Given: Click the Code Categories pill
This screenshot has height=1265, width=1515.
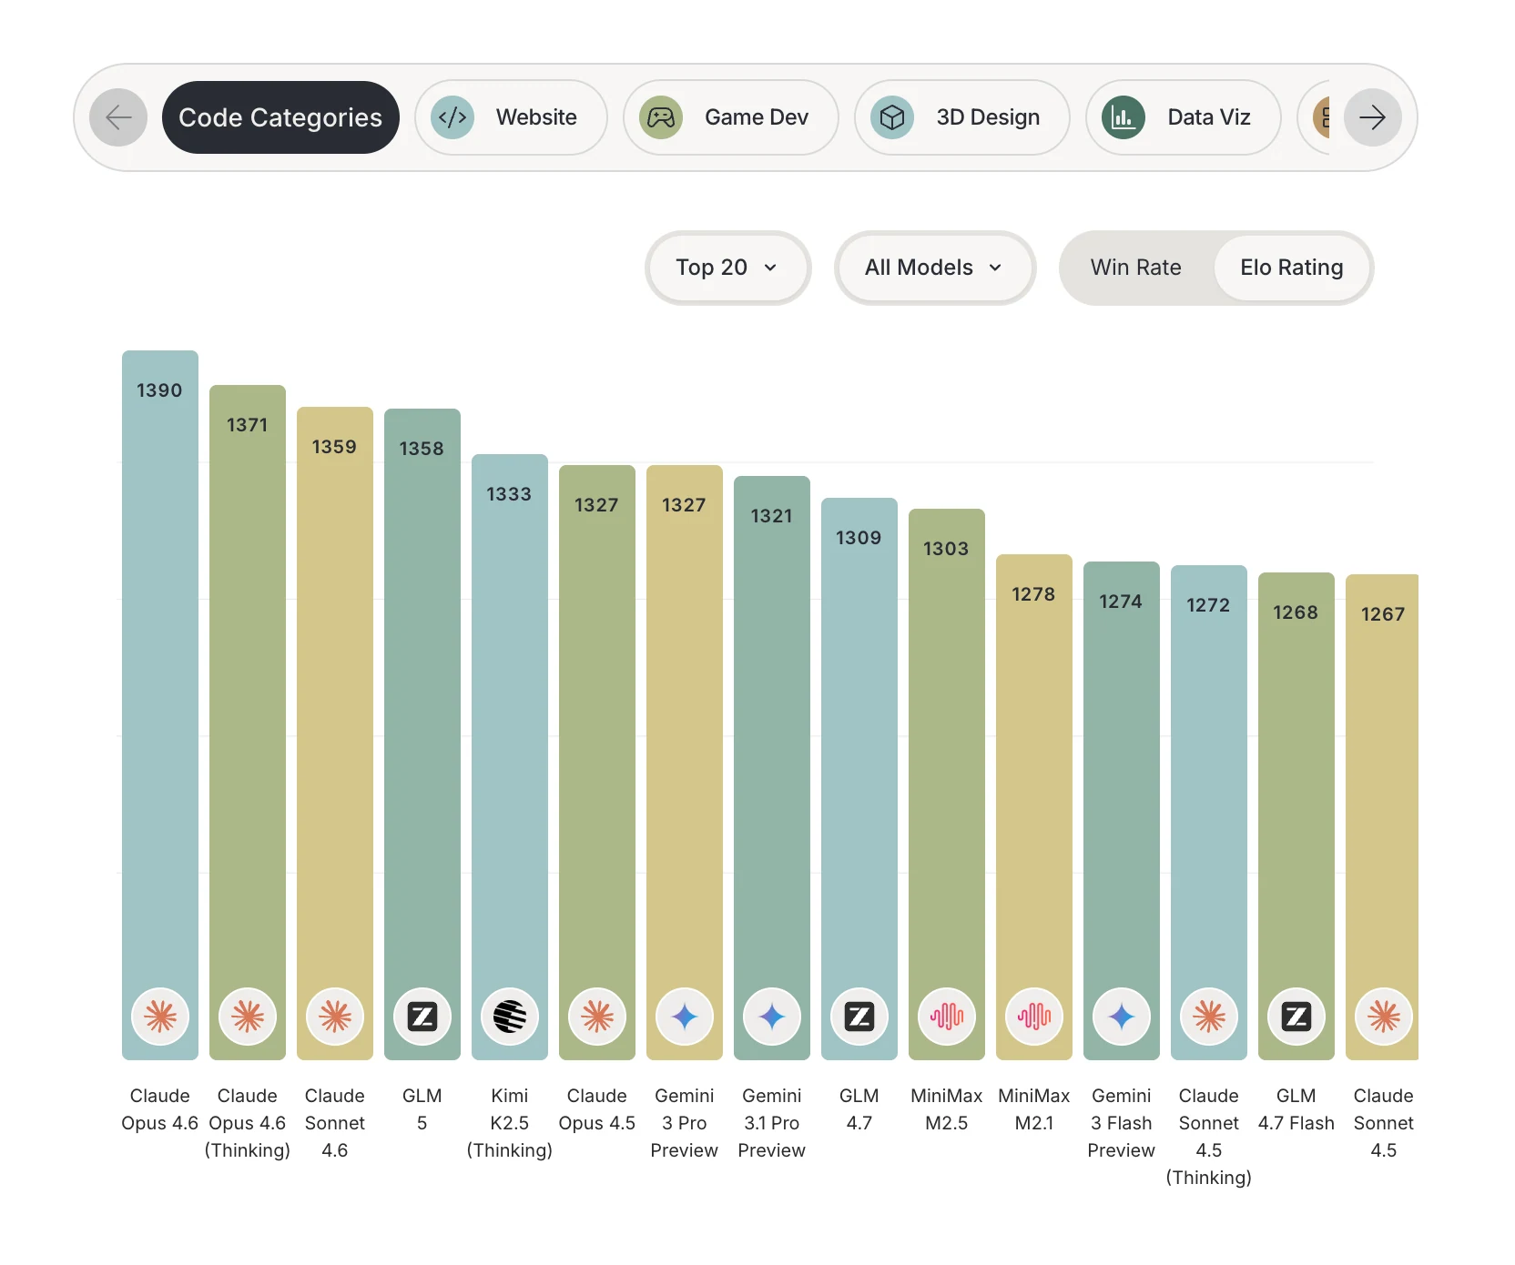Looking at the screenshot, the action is point(280,117).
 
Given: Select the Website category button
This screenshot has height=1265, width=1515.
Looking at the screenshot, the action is point(511,117).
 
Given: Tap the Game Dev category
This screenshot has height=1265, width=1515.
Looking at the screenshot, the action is point(730,117).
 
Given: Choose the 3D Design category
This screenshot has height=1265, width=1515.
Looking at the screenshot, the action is point(961,117).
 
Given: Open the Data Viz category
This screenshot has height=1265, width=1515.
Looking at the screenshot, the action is point(1183,117).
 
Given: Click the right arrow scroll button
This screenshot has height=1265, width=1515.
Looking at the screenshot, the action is point(1372,117).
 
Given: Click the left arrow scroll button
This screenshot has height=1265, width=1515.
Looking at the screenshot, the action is point(118,117).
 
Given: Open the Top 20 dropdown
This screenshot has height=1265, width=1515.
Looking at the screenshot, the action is point(727,268).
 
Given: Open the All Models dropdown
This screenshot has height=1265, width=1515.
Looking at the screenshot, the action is point(935,268).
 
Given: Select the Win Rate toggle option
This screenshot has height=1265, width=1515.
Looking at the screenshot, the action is point(1135,268).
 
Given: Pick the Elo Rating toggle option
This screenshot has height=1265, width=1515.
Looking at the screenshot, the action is point(1291,268).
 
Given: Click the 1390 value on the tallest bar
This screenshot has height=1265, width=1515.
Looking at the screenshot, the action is point(159,390).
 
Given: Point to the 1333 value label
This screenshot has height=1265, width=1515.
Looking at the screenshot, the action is point(509,494).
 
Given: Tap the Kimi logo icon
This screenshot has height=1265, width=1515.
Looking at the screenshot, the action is point(510,1017).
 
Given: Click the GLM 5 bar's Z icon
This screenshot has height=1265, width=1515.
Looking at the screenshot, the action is point(422,1017).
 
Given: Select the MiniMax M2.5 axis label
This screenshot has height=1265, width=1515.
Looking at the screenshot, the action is point(947,1109).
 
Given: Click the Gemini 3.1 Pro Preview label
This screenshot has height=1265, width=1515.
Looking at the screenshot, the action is point(772,1123).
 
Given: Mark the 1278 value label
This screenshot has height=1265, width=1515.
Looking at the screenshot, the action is point(1033,594).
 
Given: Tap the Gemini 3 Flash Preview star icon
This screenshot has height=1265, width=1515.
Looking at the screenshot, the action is point(1122,1017).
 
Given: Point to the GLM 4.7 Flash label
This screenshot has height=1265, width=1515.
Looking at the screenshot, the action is point(1296,1109).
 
